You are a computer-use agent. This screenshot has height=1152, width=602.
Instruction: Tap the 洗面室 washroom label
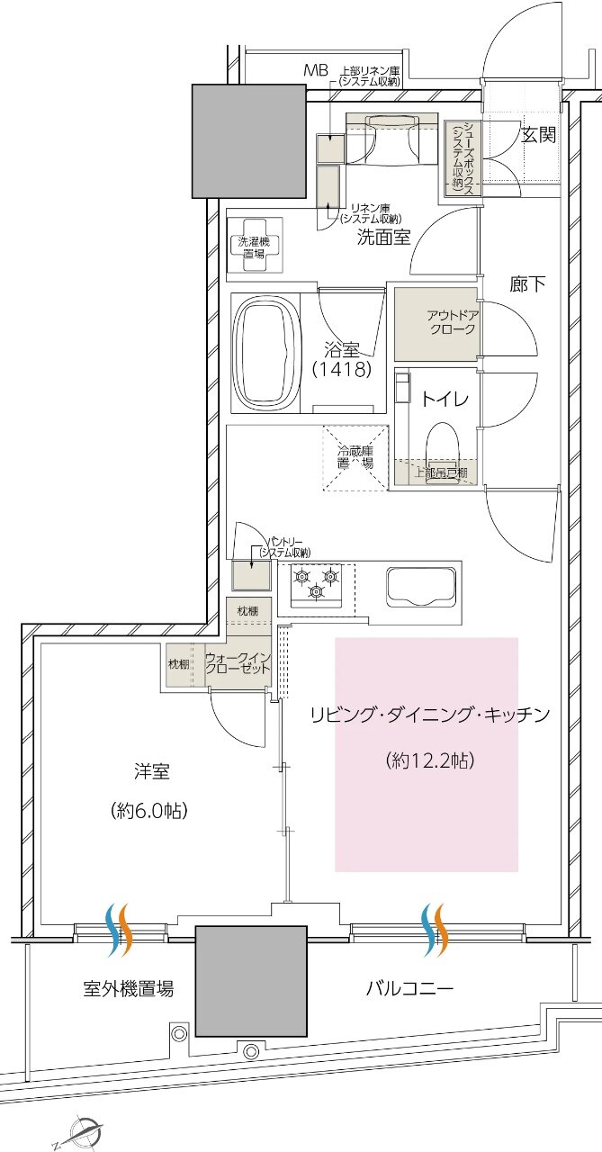tap(384, 238)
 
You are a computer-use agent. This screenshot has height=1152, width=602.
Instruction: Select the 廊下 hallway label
tap(528, 285)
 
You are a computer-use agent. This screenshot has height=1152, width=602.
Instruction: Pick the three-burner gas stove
tap(316, 582)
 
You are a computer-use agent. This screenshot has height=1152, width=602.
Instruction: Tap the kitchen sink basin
tap(421, 588)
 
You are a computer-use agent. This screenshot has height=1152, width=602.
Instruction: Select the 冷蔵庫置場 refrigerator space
tap(355, 457)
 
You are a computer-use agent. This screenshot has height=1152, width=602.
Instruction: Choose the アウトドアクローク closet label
tap(452, 322)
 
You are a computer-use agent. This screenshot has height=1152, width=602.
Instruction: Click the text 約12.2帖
tap(429, 760)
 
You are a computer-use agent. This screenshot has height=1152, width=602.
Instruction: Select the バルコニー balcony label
tap(409, 989)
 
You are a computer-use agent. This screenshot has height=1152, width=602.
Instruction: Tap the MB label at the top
tap(315, 70)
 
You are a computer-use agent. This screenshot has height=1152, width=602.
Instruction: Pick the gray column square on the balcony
tap(250, 980)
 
